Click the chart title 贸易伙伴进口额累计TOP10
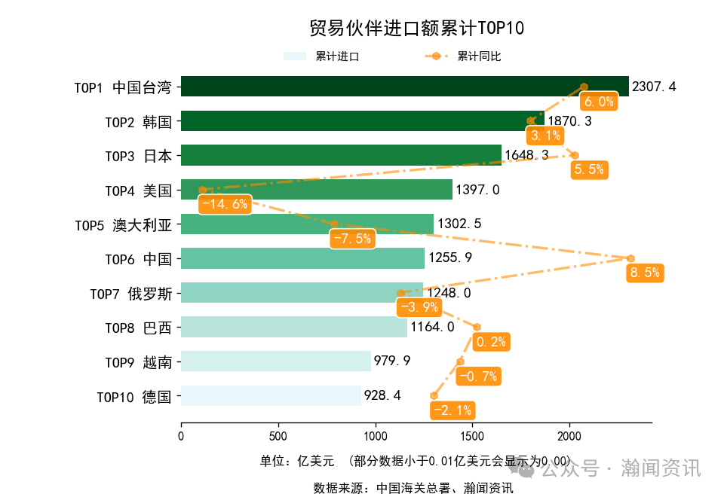coord(416,29)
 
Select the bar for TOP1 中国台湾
coord(404,87)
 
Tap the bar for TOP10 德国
coord(271,396)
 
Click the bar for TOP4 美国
coord(316,190)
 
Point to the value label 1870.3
coord(569,121)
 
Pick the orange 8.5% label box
coord(645,273)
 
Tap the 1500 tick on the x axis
coord(472,435)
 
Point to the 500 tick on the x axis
coord(278,435)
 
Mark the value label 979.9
coord(392,361)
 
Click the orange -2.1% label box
coord(452,410)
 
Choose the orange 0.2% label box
coord(491,342)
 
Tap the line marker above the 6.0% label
coord(584,87)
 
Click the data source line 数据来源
coord(413,488)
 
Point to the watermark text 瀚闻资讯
coord(661,468)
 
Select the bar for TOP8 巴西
coord(293,327)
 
